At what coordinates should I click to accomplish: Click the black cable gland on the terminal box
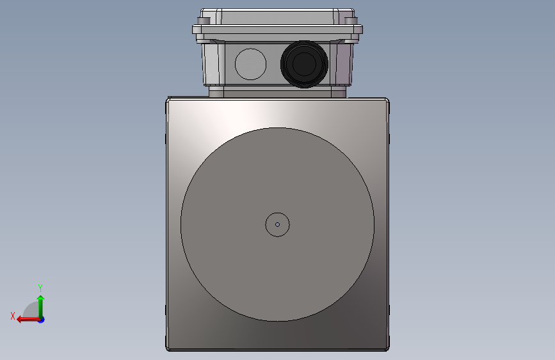click(304, 64)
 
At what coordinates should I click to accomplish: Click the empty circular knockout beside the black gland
click(250, 64)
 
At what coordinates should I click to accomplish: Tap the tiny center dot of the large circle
click(278, 224)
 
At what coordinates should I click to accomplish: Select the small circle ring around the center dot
click(278, 213)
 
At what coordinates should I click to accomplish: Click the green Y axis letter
click(40, 288)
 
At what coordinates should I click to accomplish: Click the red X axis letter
click(13, 316)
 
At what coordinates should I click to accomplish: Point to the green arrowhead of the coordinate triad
click(41, 299)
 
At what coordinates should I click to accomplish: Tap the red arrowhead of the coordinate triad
click(20, 320)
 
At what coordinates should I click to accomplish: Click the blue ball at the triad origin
click(42, 320)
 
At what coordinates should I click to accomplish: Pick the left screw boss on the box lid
click(204, 21)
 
